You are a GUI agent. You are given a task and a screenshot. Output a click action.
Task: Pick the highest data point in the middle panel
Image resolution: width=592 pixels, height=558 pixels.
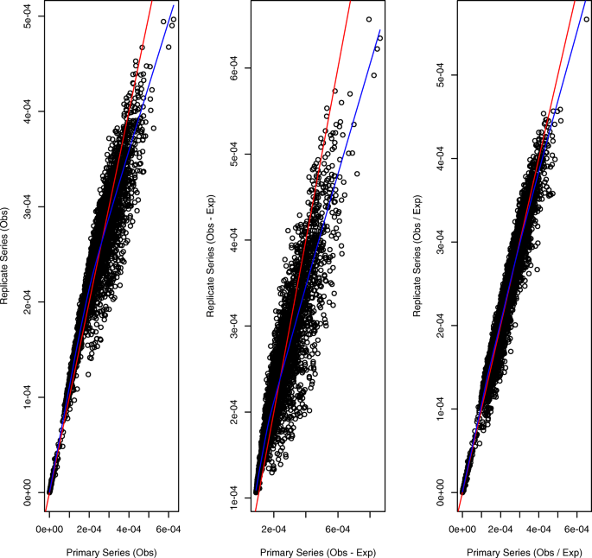(x=369, y=19)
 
